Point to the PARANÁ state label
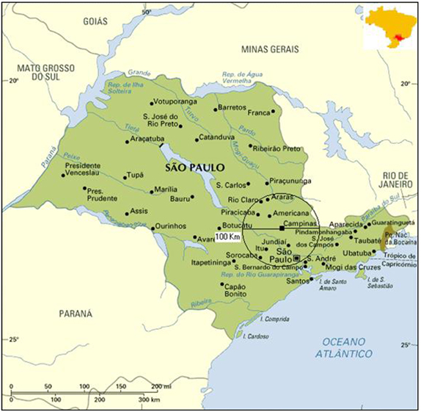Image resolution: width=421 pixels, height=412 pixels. tap(76, 314)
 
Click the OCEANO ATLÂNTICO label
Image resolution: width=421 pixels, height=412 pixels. tap(345, 347)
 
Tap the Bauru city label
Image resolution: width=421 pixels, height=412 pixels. tap(180, 198)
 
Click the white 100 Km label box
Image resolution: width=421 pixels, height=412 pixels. tap(228, 236)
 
